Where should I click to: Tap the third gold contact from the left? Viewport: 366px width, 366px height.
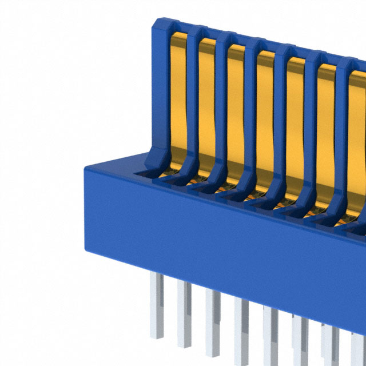236,114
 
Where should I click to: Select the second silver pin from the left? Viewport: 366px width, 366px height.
184,312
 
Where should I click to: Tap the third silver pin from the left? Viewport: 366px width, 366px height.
213,320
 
